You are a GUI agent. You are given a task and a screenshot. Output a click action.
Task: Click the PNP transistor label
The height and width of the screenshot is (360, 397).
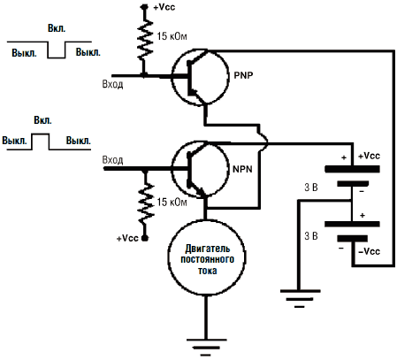click(x=243, y=75)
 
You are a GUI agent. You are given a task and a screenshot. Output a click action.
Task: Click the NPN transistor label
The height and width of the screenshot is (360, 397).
click(x=242, y=169)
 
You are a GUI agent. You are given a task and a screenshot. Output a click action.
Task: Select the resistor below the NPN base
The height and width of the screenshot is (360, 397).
click(x=145, y=203)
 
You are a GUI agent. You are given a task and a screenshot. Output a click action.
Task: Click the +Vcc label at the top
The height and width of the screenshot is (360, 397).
click(x=164, y=7)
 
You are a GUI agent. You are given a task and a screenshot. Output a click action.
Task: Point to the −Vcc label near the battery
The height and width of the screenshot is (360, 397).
click(x=369, y=251)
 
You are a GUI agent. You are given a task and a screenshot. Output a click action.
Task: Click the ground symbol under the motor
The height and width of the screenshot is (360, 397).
click(x=206, y=348)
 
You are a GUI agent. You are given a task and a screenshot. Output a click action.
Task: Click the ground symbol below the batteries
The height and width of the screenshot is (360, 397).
click(x=300, y=299)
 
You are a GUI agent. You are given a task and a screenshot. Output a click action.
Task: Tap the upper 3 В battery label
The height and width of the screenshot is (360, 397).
click(x=311, y=188)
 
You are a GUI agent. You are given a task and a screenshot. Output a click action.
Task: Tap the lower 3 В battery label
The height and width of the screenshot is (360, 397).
click(x=311, y=236)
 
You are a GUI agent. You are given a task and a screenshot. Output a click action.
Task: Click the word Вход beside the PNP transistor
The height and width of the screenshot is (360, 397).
click(x=112, y=85)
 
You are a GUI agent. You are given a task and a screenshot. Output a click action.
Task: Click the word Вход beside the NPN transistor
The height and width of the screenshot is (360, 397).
click(x=112, y=160)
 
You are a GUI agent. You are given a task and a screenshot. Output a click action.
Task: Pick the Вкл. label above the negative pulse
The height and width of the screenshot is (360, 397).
click(x=57, y=28)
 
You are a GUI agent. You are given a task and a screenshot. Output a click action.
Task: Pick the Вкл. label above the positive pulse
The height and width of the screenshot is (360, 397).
click(x=42, y=120)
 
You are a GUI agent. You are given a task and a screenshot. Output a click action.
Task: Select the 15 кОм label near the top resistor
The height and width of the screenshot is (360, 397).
click(x=172, y=36)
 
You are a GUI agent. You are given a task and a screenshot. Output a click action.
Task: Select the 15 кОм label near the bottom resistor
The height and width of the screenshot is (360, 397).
click(x=172, y=203)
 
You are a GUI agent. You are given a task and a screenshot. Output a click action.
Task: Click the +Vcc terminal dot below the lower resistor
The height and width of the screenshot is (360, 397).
click(x=145, y=238)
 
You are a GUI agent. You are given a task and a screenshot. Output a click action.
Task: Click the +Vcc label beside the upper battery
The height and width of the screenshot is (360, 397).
click(x=369, y=156)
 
